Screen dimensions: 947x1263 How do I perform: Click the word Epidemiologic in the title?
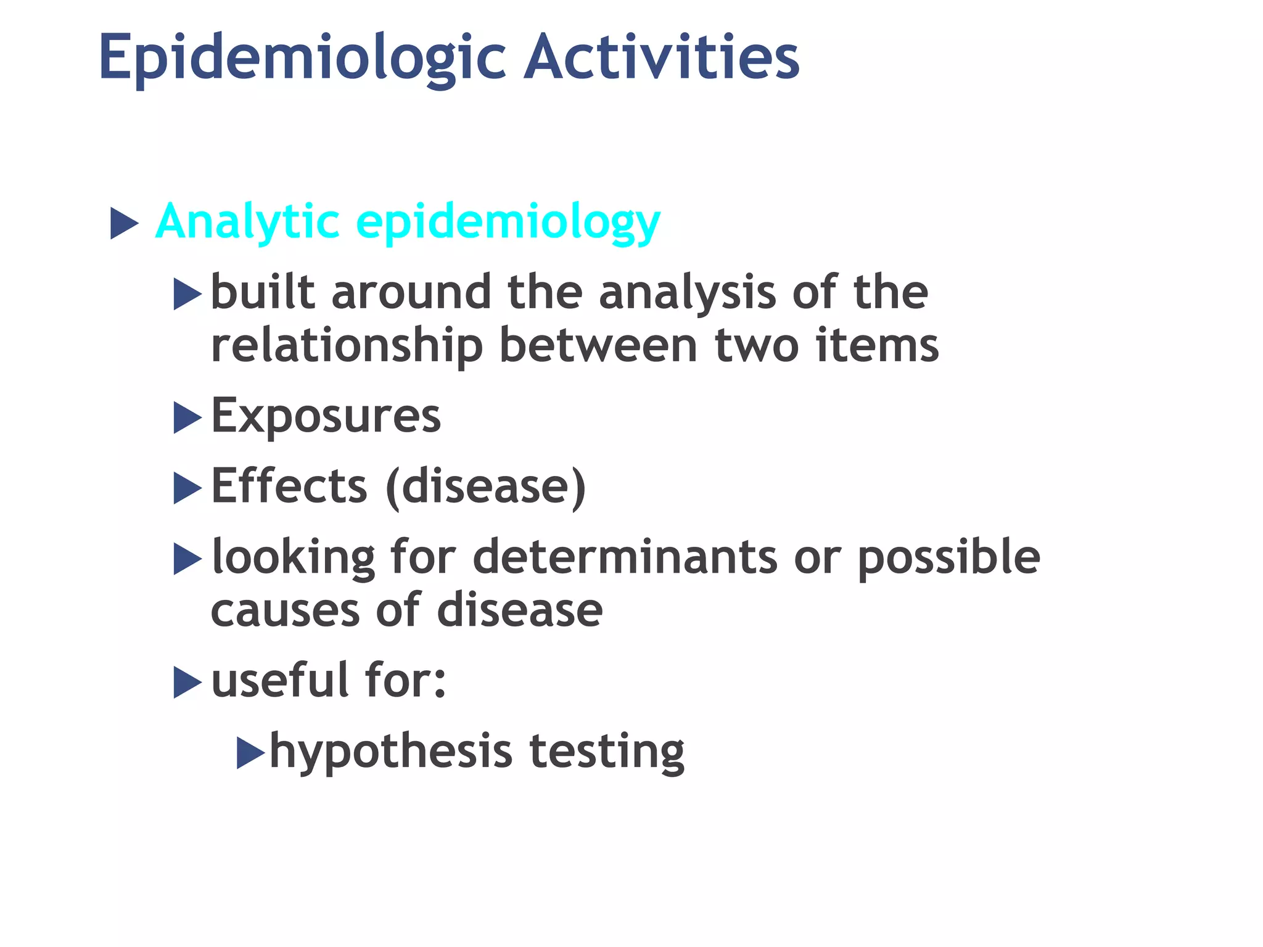(302, 59)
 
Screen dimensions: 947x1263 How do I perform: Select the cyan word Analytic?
(247, 222)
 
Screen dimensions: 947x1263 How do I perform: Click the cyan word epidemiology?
(508, 223)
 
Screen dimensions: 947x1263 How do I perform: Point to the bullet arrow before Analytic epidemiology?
(124, 223)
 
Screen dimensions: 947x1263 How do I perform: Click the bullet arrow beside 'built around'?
(187, 294)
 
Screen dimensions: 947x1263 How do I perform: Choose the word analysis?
(688, 293)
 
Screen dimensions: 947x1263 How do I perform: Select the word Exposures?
(326, 416)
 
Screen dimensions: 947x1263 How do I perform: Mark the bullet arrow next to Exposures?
(187, 417)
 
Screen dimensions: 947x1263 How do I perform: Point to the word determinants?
(625, 557)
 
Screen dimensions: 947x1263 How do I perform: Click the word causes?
(285, 611)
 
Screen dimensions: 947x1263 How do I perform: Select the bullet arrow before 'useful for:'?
(187, 683)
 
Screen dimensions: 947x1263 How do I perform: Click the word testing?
(607, 752)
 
